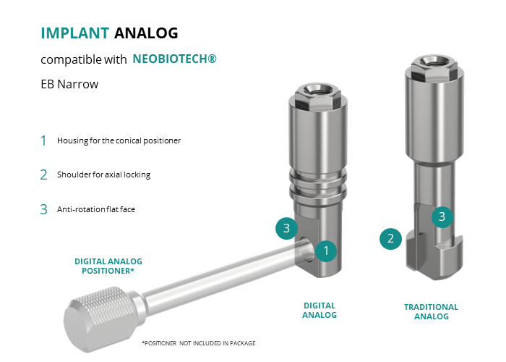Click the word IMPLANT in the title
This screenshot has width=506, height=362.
pyautogui.click(x=75, y=33)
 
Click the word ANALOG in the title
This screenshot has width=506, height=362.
pyautogui.click(x=146, y=33)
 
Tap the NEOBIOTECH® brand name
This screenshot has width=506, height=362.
pyautogui.click(x=175, y=59)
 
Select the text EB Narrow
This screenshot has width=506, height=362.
pyautogui.click(x=69, y=84)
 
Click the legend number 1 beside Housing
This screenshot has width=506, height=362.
pyautogui.click(x=43, y=140)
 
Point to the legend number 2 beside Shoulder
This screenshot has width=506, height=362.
pyautogui.click(x=43, y=175)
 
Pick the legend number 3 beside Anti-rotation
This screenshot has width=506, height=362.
pyautogui.click(x=43, y=209)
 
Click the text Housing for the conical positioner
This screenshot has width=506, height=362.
pyautogui.click(x=119, y=140)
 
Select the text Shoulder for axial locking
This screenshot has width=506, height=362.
pyautogui.click(x=103, y=174)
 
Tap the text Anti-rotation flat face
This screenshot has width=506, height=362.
pyautogui.click(x=96, y=209)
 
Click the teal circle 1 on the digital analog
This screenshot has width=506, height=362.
pyautogui.click(x=326, y=251)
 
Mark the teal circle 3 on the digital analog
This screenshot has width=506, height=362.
pyautogui.click(x=286, y=228)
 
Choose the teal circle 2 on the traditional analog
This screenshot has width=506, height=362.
pyautogui.click(x=390, y=239)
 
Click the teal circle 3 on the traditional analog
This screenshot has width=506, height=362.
pyautogui.click(x=442, y=217)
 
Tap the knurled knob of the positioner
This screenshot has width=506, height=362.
pyautogui.click(x=99, y=319)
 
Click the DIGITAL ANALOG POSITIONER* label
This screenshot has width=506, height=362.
pyautogui.click(x=108, y=266)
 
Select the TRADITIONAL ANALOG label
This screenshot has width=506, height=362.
pyautogui.click(x=431, y=311)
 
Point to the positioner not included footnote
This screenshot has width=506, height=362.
pyautogui.click(x=199, y=343)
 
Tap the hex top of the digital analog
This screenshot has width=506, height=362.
pyautogui.click(x=318, y=96)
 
